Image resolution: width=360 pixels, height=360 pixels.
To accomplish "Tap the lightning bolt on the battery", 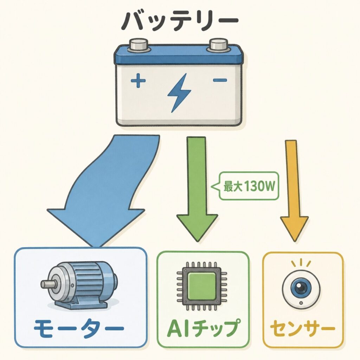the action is point(179,93).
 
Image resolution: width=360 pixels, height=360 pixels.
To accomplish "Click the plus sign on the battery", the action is point(138,81).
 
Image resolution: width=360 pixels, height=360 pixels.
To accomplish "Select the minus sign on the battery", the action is point(220,80).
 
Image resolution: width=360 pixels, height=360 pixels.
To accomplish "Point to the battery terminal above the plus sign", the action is point(139,45).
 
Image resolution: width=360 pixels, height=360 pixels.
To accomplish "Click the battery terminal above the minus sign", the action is point(218,45).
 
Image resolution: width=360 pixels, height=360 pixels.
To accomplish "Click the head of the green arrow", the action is point(197,227).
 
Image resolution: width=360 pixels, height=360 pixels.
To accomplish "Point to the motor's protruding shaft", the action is point(49,284).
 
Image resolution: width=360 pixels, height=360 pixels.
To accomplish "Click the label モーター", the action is point(79,328).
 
